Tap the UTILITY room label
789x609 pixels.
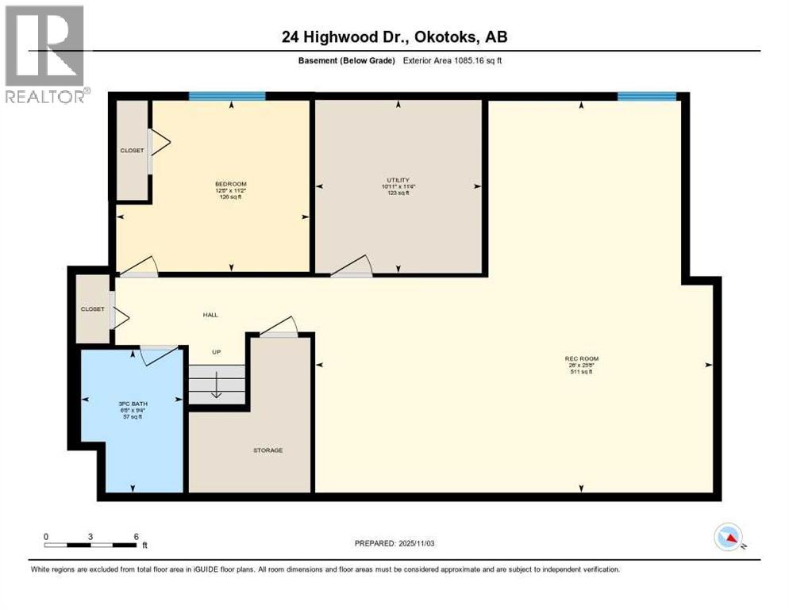click(397, 180)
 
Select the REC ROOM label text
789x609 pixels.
click(583, 358)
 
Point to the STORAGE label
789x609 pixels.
click(267, 450)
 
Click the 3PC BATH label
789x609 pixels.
click(133, 404)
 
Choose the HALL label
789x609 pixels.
click(210, 315)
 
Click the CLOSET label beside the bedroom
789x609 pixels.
click(132, 150)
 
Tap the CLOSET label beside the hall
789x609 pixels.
click(92, 309)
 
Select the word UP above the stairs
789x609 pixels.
click(216, 351)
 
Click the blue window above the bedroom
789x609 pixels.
click(227, 96)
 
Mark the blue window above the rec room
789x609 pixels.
click(647, 96)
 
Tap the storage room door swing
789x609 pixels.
click(279, 326)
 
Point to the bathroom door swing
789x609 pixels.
click(156, 354)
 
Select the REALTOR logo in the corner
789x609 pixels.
click(44, 54)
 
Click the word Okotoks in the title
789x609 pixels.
click(445, 36)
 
